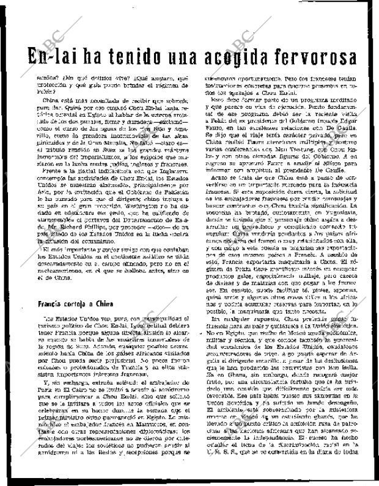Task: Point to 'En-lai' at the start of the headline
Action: pyautogui.click(x=48, y=57)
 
